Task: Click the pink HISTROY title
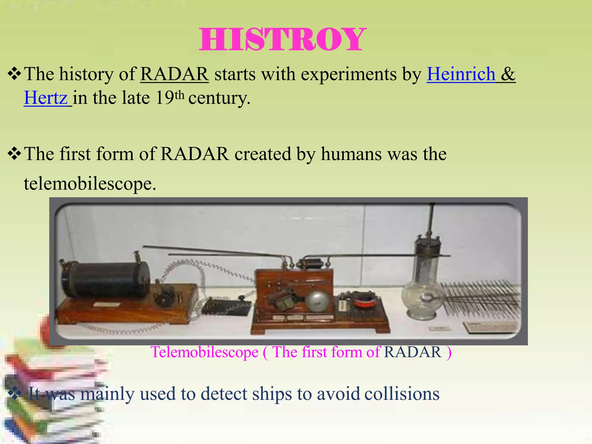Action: point(282,40)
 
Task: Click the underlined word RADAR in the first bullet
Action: point(174,74)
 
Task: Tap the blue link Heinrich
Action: point(461,74)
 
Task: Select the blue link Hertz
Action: point(46,98)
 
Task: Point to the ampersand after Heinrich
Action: point(508,74)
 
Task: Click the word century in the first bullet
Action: point(219,98)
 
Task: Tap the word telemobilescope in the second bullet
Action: point(90,184)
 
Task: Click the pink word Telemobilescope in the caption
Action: point(204,352)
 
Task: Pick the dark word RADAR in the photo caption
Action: point(412,352)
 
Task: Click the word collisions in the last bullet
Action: point(402,394)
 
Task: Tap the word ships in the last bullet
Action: point(271,394)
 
